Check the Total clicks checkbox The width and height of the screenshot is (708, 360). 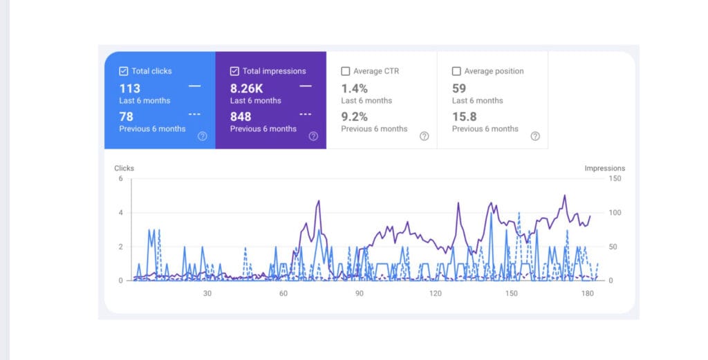(x=124, y=71)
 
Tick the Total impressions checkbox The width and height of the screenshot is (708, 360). (x=234, y=71)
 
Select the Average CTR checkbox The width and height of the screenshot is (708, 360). (x=346, y=71)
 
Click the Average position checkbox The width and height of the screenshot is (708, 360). (x=456, y=71)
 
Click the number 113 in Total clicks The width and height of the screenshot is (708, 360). (x=129, y=88)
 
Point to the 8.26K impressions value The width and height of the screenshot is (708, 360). (x=246, y=88)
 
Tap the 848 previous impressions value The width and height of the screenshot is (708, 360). (x=241, y=117)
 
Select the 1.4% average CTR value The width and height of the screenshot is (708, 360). (x=354, y=88)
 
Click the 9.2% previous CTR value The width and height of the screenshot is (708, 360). (x=354, y=117)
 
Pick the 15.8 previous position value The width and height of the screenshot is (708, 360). (x=464, y=117)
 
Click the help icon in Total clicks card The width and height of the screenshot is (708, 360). (x=202, y=136)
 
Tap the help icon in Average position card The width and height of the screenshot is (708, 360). (x=534, y=136)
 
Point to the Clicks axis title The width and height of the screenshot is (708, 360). (x=124, y=168)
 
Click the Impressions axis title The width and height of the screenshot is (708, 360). (x=604, y=168)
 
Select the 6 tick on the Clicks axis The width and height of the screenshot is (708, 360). (x=120, y=179)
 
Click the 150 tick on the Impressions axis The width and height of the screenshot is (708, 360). (x=615, y=179)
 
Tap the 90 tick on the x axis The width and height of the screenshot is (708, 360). (x=360, y=294)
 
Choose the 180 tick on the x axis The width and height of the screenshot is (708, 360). (x=588, y=294)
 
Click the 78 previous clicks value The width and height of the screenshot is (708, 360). (x=126, y=117)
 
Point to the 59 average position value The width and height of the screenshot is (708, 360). (x=459, y=88)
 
